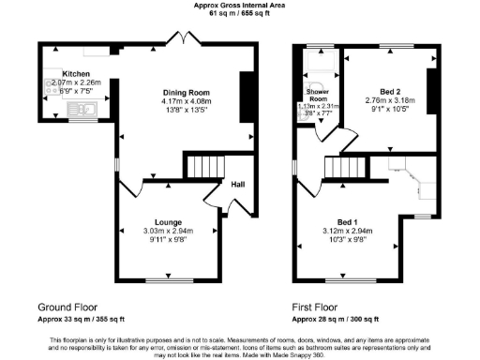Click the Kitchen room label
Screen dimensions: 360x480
75,73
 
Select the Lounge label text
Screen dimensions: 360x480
168,221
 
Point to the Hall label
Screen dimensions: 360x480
238,185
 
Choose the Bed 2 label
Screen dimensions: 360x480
388,89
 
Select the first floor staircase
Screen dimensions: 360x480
344,169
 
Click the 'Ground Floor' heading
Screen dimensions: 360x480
68,307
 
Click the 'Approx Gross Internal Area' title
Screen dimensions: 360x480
240,5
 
